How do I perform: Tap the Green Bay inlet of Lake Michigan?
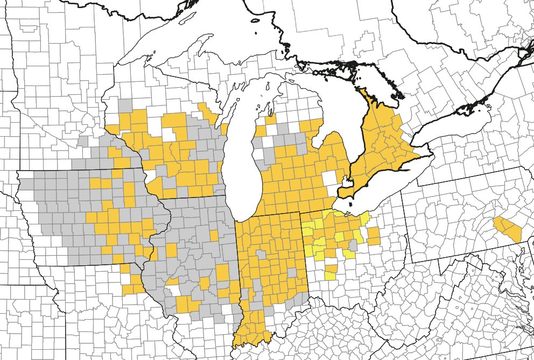coord(229,116)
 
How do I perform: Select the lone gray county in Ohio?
coord(353,245)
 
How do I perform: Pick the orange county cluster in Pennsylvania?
coord(509,228)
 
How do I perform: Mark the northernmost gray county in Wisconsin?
coord(125,105)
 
